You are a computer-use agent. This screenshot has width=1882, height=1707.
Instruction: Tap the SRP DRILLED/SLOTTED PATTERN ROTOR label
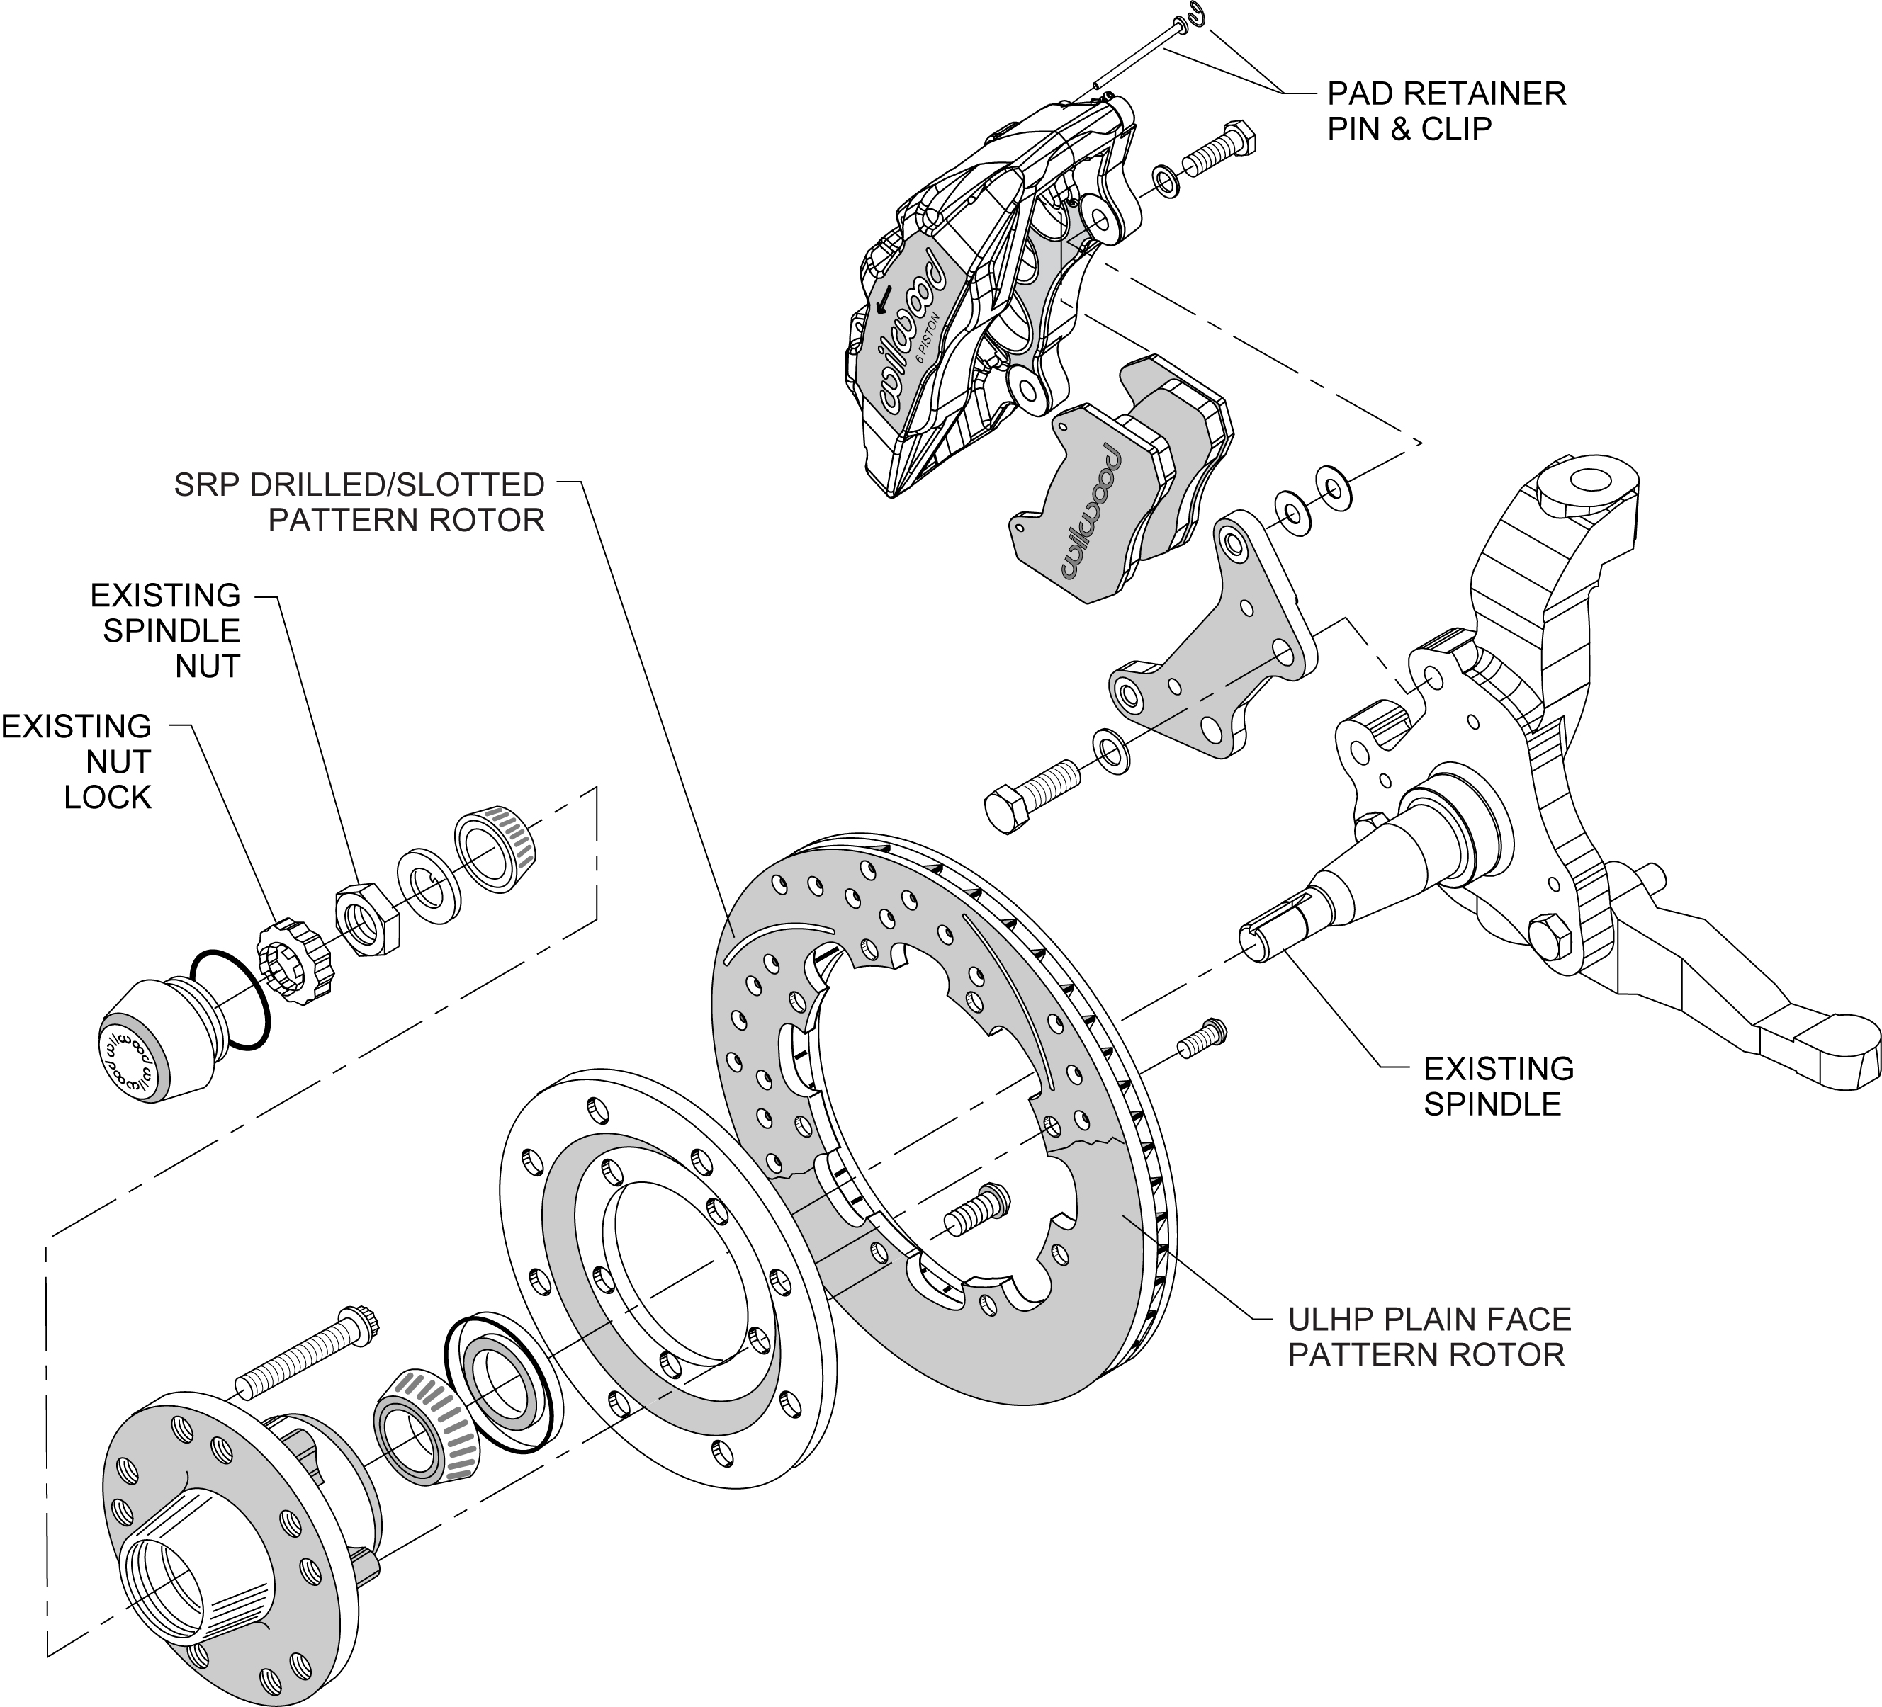pyautogui.click(x=359, y=502)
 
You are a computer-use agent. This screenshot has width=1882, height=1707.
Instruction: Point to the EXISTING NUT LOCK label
pyautogui.click(x=77, y=761)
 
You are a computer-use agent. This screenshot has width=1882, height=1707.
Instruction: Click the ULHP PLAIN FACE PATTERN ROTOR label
pyautogui.click(x=1429, y=1337)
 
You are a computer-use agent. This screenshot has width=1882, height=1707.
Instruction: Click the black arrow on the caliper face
pyautogui.click(x=883, y=300)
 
